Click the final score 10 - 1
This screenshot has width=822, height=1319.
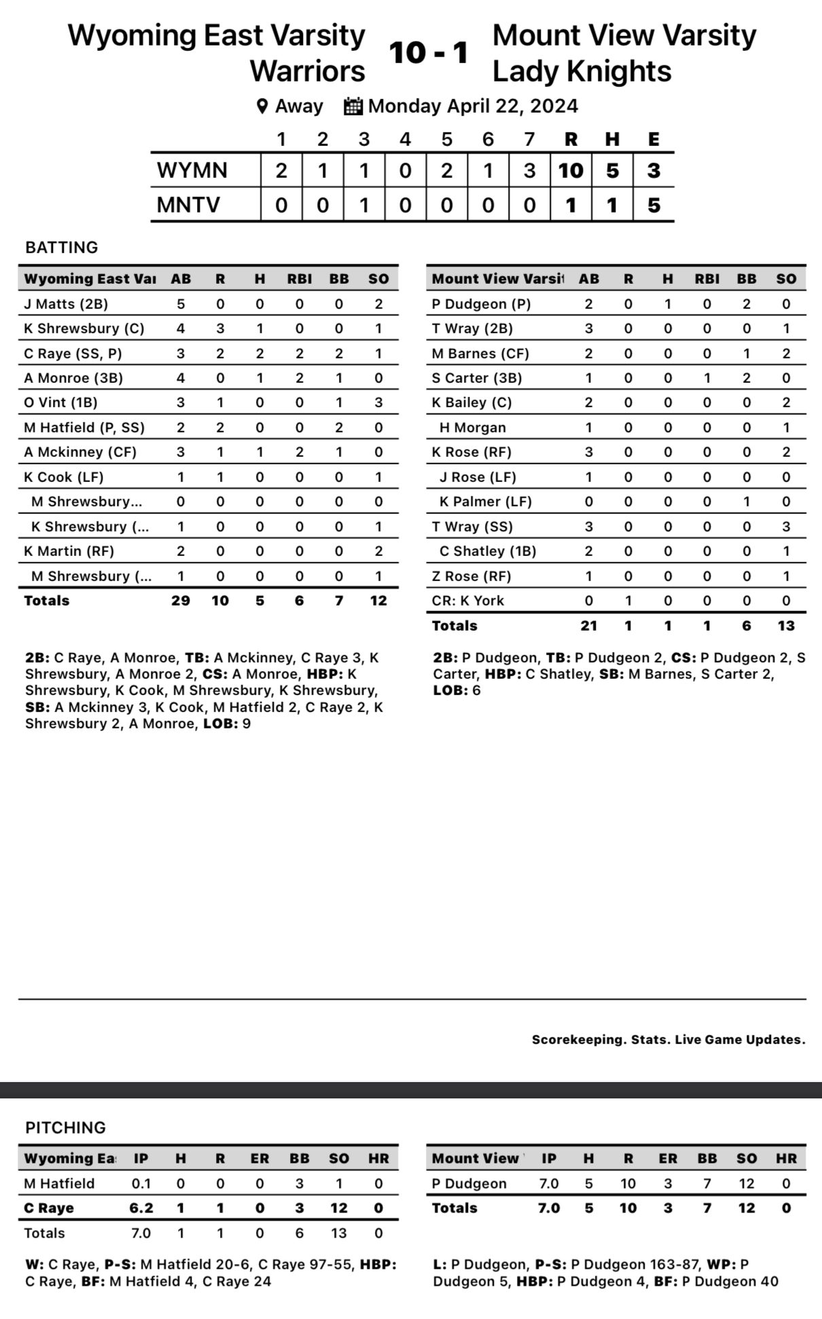[x=429, y=53]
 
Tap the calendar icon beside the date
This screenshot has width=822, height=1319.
[x=353, y=106]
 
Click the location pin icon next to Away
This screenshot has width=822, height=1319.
[x=262, y=106]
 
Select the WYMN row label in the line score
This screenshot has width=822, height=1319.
[x=192, y=170]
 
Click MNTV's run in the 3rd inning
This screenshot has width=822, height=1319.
[x=364, y=204]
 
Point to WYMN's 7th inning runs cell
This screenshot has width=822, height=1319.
[x=529, y=170]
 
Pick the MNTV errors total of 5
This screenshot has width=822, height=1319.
[x=654, y=204]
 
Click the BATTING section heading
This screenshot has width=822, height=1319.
[x=62, y=247]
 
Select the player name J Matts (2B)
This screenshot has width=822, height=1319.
[x=66, y=303]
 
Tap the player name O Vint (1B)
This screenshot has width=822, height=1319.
[x=60, y=403]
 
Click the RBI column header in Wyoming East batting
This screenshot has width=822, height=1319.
[x=300, y=278]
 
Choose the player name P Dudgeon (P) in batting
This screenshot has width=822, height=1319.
[x=481, y=303]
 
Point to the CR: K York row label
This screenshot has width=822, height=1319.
[x=468, y=601]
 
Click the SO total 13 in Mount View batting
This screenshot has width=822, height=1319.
[x=786, y=625]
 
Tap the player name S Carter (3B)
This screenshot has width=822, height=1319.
[x=477, y=378]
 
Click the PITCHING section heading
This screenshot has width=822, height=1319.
[x=66, y=1128]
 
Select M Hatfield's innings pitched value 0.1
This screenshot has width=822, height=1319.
[x=141, y=1183]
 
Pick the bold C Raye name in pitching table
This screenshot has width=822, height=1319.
[x=49, y=1208]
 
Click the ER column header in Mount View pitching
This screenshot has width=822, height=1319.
[x=668, y=1158]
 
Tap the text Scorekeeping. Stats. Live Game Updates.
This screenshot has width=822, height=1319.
[x=668, y=1039]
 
